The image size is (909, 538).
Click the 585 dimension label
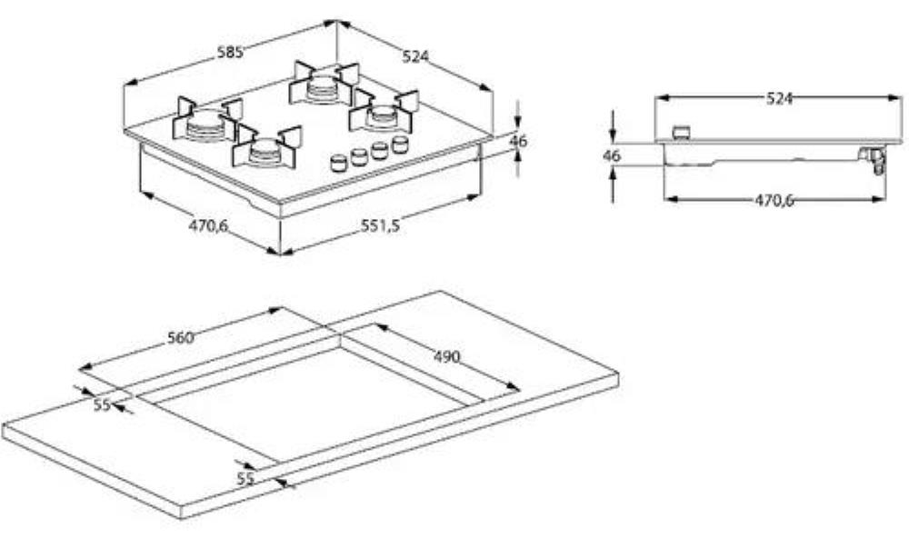point(230,52)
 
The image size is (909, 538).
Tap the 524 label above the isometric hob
point(415,55)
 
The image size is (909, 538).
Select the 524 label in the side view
point(779,98)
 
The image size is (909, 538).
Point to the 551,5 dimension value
point(380,225)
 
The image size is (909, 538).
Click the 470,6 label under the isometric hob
point(208,225)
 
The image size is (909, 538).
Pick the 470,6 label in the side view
point(774,200)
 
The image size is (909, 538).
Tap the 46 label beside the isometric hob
point(518,141)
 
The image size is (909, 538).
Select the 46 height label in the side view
point(612,156)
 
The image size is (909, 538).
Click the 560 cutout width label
point(180,337)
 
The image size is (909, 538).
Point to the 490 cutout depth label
point(446,356)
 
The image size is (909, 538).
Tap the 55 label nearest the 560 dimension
point(102,404)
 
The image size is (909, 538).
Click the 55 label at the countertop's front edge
point(245,479)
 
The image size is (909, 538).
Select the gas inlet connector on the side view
point(874,159)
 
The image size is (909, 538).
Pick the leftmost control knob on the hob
point(338,163)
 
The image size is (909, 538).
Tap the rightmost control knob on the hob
point(399,144)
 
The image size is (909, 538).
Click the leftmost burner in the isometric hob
point(206,125)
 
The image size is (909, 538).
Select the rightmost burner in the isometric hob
point(383,113)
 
